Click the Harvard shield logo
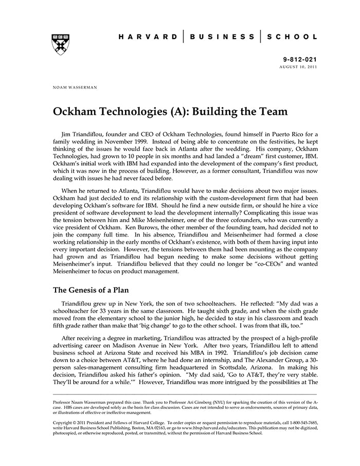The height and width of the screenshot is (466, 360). pyautogui.click(x=60, y=44)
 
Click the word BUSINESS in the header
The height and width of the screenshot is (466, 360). pyautogui.click(x=222, y=37)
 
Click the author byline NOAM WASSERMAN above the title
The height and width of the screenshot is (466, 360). pyautogui.click(x=75, y=87)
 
